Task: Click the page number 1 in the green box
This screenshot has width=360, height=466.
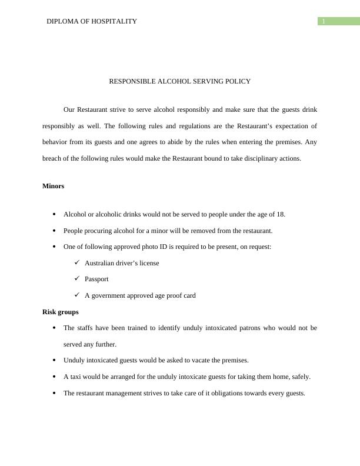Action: click(x=324, y=22)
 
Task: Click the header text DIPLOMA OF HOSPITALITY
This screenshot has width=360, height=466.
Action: click(x=92, y=21)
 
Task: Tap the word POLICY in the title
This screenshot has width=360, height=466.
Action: click(x=237, y=81)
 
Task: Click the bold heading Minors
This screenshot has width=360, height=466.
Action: click(x=54, y=186)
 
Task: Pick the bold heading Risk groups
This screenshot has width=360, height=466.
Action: click(x=61, y=312)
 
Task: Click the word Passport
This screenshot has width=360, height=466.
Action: click(x=96, y=279)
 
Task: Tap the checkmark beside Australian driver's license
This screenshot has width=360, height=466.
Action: click(x=77, y=262)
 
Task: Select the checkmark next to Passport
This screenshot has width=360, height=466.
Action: click(x=77, y=279)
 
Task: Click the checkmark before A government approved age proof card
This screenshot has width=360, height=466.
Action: click(x=77, y=295)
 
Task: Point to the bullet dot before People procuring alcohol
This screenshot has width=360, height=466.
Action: click(x=54, y=231)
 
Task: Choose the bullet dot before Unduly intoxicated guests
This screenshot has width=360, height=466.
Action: click(x=54, y=360)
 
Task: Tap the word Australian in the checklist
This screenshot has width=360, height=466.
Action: click(x=101, y=263)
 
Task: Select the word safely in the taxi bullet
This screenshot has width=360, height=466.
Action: click(x=300, y=377)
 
